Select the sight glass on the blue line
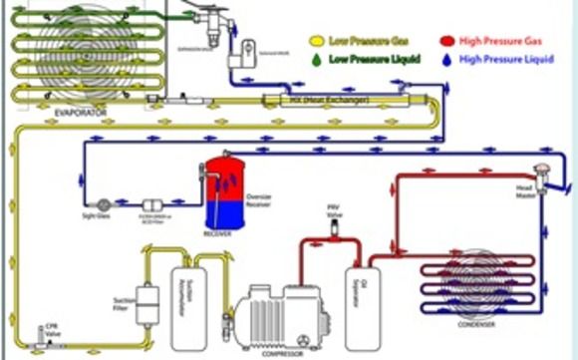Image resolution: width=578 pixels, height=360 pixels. tap(103, 201)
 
